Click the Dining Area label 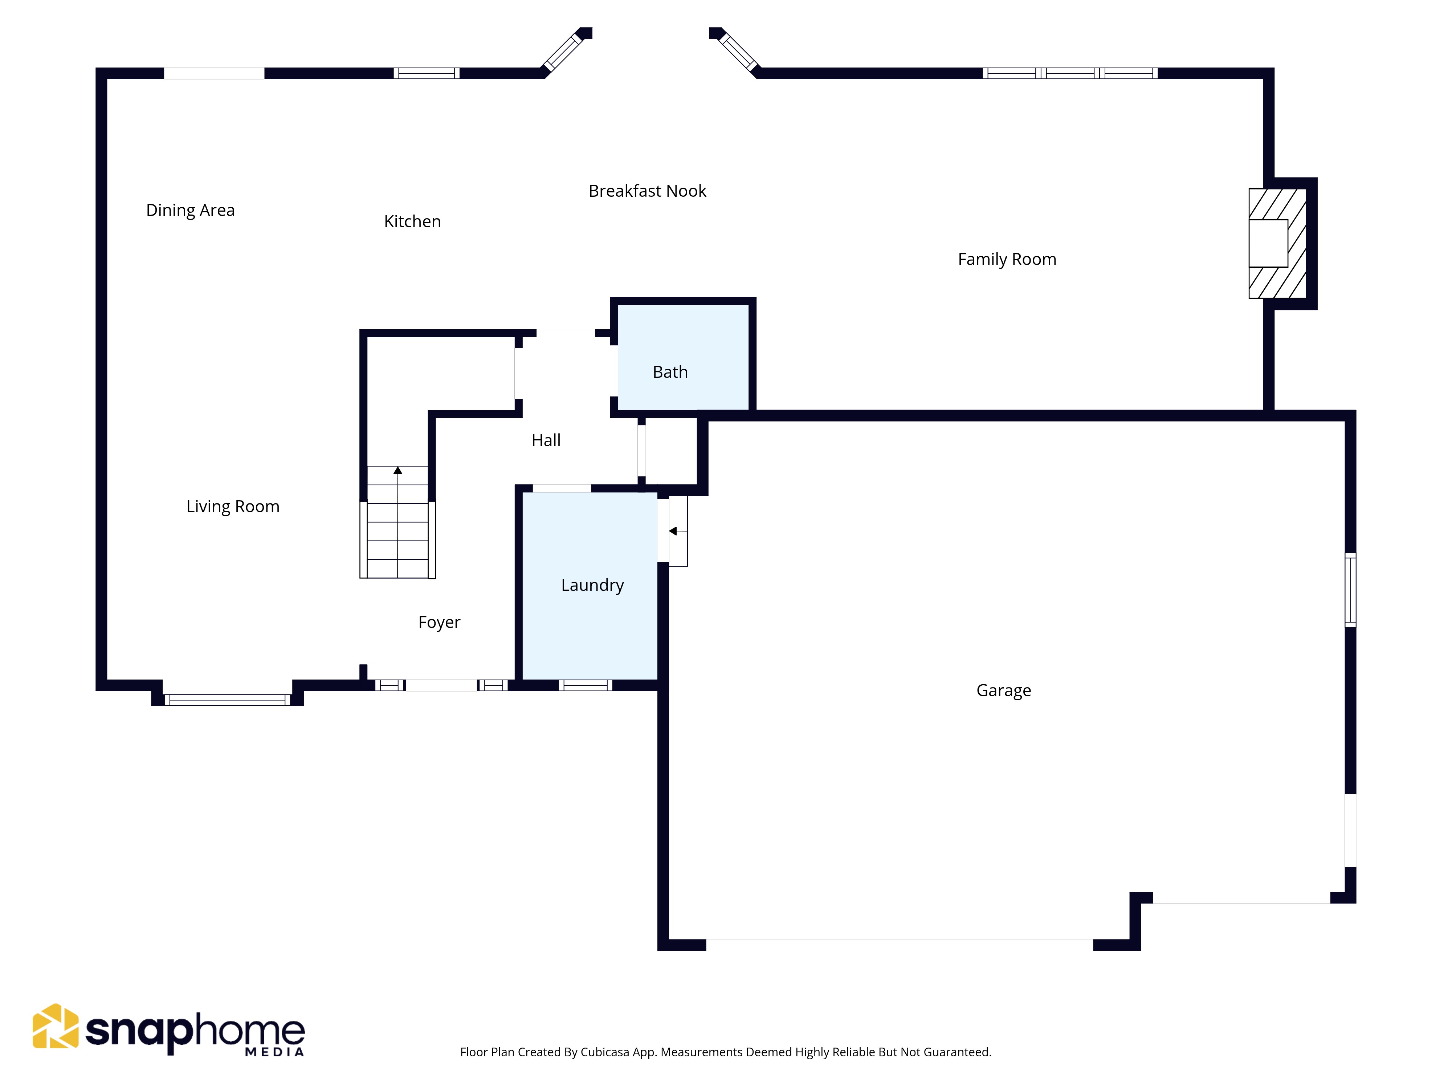[190, 210]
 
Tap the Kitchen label [412, 221]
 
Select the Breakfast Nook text [647, 191]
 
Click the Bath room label [670, 372]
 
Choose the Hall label [546, 440]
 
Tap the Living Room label [233, 507]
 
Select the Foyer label [439, 622]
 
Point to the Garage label [1004, 690]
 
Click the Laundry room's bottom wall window [586, 685]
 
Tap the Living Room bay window [227, 700]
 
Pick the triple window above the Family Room [1070, 73]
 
